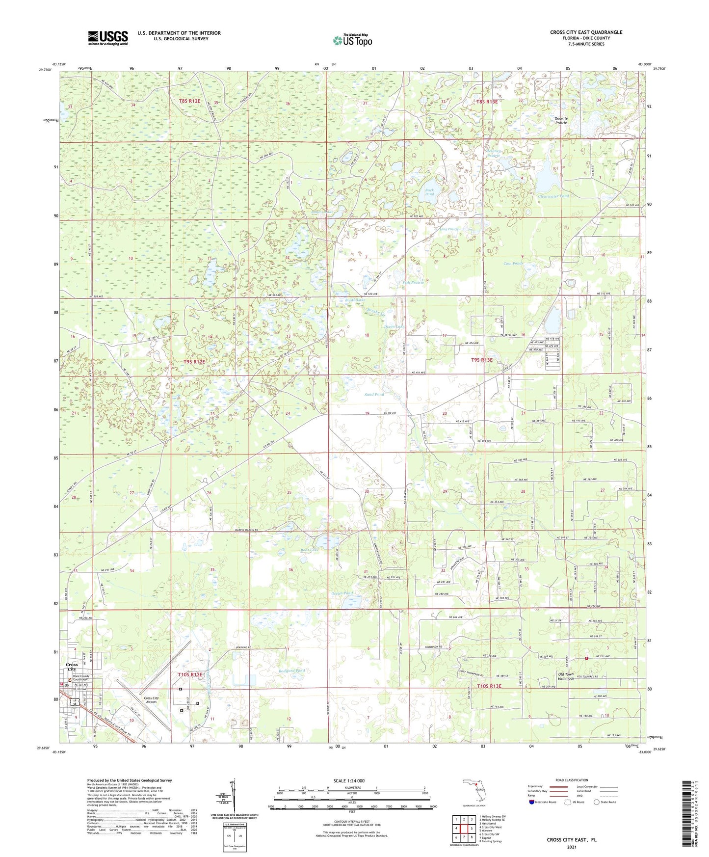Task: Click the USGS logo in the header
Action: click(x=108, y=38)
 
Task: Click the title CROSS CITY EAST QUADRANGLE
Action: click(x=586, y=32)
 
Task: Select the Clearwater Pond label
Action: click(x=553, y=196)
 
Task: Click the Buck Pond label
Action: click(x=429, y=192)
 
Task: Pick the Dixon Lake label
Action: click(x=394, y=326)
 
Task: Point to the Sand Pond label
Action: click(x=374, y=394)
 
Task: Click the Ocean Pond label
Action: click(x=342, y=593)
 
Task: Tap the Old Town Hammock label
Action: click(x=566, y=676)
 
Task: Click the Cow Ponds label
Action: click(x=514, y=264)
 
